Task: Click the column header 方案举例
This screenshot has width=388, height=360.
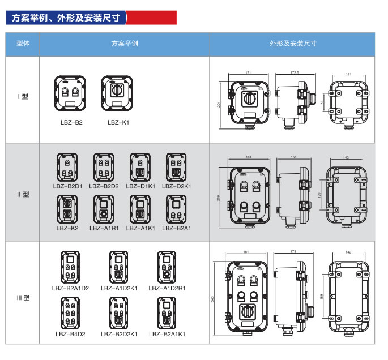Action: (x=124, y=44)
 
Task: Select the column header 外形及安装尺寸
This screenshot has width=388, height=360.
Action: (x=293, y=44)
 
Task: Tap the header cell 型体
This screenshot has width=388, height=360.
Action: (x=23, y=44)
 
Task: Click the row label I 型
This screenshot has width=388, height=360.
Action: (x=23, y=97)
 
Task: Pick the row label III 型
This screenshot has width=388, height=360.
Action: (x=23, y=298)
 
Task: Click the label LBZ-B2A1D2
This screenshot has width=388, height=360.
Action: (x=70, y=288)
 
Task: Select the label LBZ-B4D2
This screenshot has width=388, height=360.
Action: (x=70, y=335)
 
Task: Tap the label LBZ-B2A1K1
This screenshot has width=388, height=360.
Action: (x=167, y=335)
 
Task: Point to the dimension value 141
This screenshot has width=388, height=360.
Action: (x=348, y=74)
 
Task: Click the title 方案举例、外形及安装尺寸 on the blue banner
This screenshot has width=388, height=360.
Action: (x=66, y=18)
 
